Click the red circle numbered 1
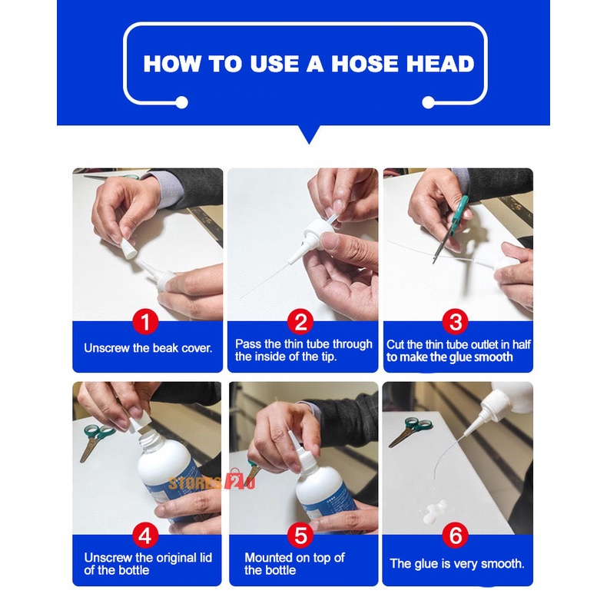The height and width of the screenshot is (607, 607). point(145,321)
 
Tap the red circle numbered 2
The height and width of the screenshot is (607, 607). point(300,321)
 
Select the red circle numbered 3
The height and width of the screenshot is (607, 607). point(456,321)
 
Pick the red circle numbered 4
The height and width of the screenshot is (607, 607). point(145,536)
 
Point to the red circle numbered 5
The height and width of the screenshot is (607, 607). point(300,536)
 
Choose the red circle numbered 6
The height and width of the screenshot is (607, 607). point(456,536)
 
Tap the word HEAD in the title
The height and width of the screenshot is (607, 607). point(440,64)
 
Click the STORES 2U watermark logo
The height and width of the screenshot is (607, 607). point(212,481)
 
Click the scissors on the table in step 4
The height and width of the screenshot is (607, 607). point(96,440)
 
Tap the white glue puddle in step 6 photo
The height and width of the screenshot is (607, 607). point(434,511)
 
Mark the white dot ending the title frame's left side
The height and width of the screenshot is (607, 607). point(181,103)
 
